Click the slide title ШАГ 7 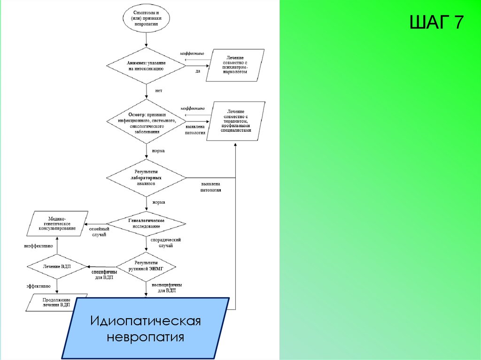click(x=436, y=22)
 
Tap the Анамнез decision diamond click(x=146, y=65)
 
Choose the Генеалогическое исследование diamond click(x=146, y=222)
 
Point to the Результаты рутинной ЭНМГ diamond click(x=146, y=266)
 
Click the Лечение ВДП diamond click(x=56, y=266)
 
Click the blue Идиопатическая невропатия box click(x=146, y=329)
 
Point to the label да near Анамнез click(x=198, y=71)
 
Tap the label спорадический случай click(x=166, y=242)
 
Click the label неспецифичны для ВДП click(x=167, y=287)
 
